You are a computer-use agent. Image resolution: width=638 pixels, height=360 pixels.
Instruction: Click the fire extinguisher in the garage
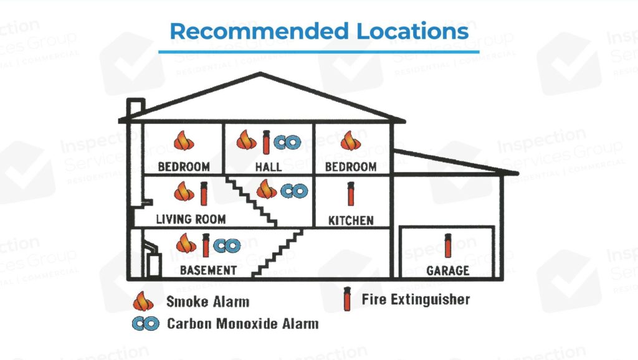pyautogui.click(x=447, y=245)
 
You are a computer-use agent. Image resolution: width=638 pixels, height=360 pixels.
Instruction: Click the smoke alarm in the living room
pyautogui.click(x=184, y=191)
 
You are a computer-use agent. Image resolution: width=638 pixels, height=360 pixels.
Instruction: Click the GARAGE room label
pyautogui.click(x=448, y=271)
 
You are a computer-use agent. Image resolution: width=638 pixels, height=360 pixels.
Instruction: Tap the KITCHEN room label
pyautogui.click(x=351, y=220)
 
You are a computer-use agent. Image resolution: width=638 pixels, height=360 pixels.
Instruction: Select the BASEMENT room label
pyautogui.click(x=208, y=270)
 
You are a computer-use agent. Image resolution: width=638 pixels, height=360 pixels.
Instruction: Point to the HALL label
pyautogui.click(x=268, y=167)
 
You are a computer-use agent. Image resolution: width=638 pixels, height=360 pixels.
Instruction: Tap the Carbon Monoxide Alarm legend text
pyautogui.click(x=242, y=324)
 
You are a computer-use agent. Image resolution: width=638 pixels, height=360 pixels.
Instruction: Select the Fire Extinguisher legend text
pyautogui.click(x=416, y=300)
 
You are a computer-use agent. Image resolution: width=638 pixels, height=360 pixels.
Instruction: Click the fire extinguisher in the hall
pyautogui.click(x=267, y=141)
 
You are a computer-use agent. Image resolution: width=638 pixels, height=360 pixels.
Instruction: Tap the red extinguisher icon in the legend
pyautogui.click(x=346, y=300)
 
